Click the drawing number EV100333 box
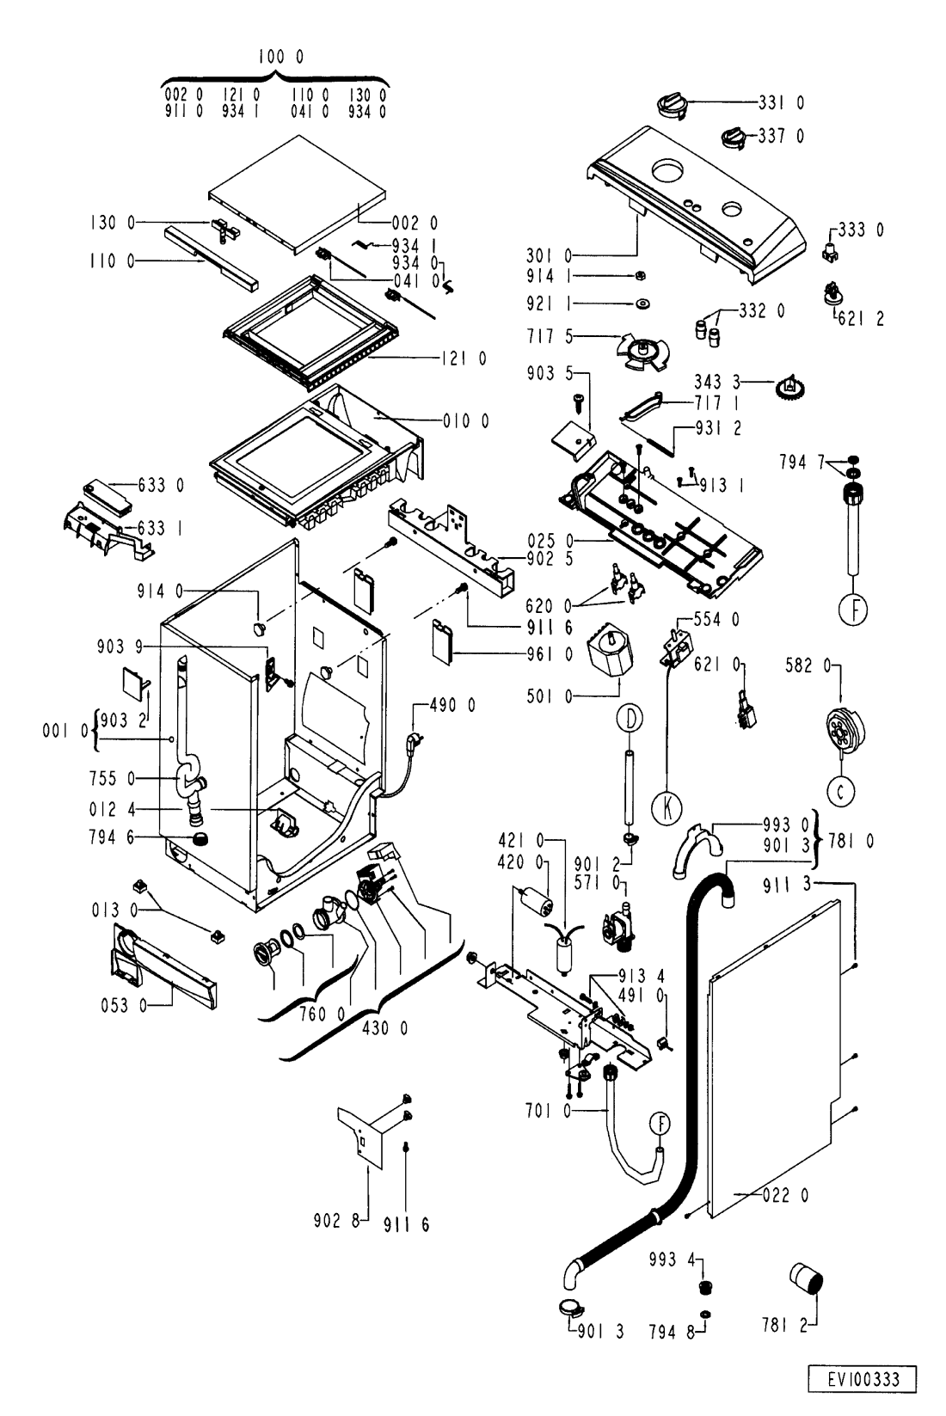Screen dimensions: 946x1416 863,1379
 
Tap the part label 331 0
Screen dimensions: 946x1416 781,102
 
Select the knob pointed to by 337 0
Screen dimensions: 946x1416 733,138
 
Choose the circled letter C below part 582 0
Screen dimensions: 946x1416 841,791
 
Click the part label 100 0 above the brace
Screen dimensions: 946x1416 280,57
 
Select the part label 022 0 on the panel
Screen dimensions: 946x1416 785,1195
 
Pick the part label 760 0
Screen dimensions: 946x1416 322,1014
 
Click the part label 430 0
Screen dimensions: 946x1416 384,1028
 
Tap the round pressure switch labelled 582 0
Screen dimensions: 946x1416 845,731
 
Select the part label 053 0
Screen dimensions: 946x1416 123,1005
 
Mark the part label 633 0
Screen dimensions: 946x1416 161,486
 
